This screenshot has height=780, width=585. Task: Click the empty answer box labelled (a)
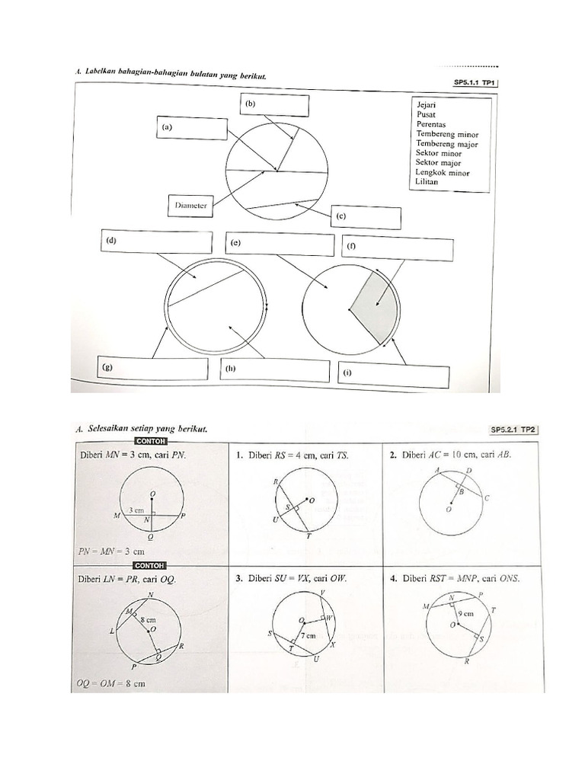(x=193, y=128)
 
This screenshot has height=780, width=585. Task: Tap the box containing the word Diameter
(x=190, y=205)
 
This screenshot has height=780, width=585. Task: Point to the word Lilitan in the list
(x=427, y=183)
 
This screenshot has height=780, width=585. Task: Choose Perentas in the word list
(x=431, y=124)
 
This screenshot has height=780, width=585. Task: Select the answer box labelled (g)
(x=152, y=368)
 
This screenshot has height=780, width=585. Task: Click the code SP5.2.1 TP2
(x=516, y=430)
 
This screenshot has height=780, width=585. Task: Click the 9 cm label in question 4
(x=465, y=612)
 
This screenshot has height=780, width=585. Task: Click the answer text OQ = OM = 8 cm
(x=112, y=684)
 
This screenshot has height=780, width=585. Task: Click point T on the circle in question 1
(x=308, y=536)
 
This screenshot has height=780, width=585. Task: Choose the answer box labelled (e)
(x=280, y=245)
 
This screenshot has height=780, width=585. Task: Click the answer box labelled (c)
(x=366, y=217)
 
